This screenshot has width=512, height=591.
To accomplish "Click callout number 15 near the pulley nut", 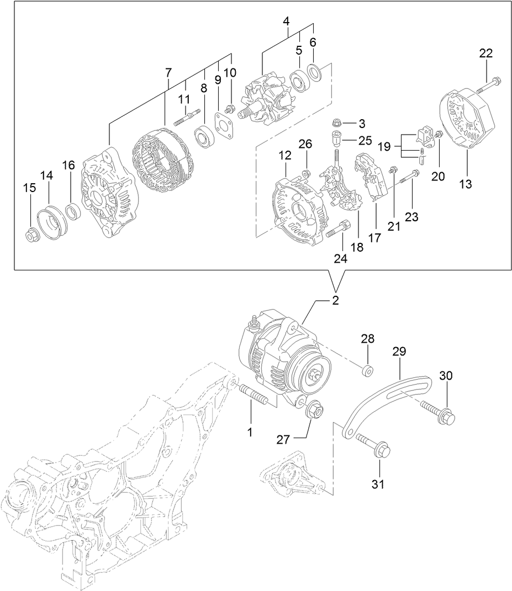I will (x=29, y=188).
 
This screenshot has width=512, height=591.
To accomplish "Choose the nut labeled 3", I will (x=339, y=123).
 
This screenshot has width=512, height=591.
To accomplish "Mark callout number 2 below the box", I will (x=335, y=301).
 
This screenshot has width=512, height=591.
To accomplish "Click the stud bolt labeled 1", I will (x=256, y=396).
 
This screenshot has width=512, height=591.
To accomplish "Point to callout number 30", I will (x=446, y=376).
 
